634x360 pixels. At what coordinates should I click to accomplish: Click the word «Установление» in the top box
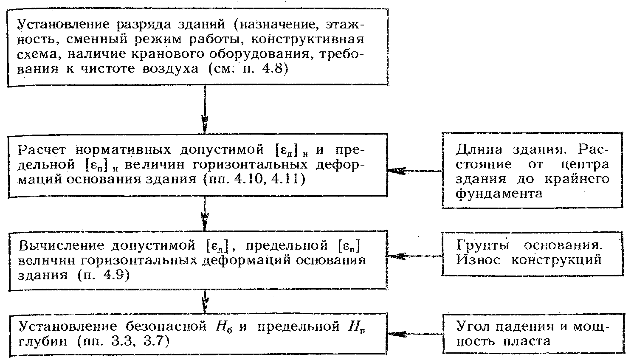(63, 25)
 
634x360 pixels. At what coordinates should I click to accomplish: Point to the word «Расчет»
(42, 150)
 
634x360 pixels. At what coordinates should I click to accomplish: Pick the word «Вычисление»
(62, 245)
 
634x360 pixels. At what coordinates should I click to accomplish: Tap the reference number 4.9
(114, 275)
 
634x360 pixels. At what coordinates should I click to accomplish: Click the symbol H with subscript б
(224, 327)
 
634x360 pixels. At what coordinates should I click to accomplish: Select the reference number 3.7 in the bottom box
(152, 342)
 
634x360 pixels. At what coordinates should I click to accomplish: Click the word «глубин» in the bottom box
(43, 342)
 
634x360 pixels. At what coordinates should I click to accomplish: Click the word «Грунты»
(482, 245)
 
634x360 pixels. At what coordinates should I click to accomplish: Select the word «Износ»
(478, 260)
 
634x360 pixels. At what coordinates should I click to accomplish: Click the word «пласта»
(527, 342)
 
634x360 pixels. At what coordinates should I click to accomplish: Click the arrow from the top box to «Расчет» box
(205, 109)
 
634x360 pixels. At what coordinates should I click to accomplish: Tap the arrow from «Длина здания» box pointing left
(415, 171)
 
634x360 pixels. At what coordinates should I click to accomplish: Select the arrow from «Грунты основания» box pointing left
(415, 256)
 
